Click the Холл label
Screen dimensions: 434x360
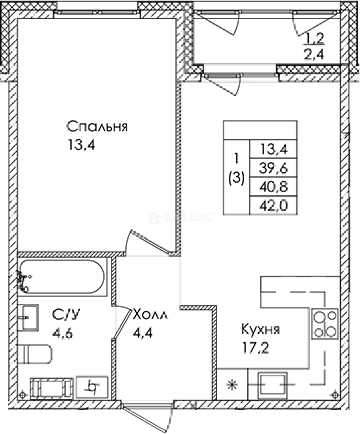(150, 314)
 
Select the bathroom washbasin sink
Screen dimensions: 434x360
(28, 317)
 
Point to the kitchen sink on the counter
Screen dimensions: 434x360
(274, 384)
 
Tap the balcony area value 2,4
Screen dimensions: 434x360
(314, 53)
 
